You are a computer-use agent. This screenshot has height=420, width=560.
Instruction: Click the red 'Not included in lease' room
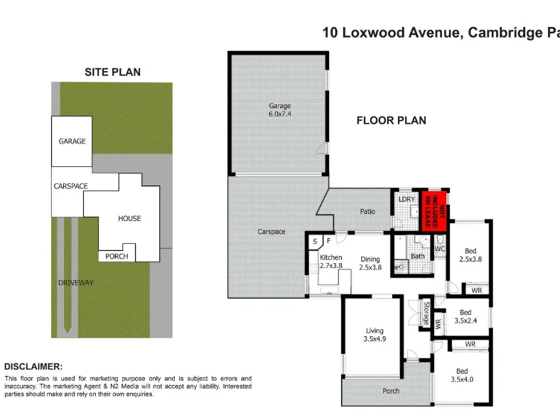(x=434, y=211)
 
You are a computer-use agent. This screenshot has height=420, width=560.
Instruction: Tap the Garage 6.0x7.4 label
(x=279, y=110)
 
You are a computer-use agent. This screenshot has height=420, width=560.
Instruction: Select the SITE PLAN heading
(x=112, y=72)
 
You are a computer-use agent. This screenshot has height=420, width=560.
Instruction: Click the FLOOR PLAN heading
(x=391, y=120)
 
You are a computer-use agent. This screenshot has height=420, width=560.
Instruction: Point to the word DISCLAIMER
(x=33, y=367)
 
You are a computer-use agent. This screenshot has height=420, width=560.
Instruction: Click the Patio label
(x=367, y=212)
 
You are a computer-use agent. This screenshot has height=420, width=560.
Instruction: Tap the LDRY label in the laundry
(x=406, y=199)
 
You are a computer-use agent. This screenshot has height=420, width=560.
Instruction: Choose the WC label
(x=440, y=249)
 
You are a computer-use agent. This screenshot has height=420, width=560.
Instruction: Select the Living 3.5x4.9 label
(x=375, y=335)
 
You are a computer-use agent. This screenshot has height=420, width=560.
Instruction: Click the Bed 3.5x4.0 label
(x=462, y=375)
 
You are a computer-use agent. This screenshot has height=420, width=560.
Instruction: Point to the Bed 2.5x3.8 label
(x=470, y=255)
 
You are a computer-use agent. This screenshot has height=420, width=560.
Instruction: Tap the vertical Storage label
(x=426, y=313)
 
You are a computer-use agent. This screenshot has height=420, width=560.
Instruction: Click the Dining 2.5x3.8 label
(x=370, y=263)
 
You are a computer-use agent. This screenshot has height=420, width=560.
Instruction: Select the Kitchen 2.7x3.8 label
(x=331, y=261)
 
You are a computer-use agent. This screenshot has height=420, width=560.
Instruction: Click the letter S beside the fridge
(x=315, y=242)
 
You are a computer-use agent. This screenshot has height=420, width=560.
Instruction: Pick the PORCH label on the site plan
(x=117, y=257)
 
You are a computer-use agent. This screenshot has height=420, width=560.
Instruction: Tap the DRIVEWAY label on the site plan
(x=76, y=283)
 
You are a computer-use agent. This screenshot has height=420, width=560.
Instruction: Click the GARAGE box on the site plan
(x=72, y=141)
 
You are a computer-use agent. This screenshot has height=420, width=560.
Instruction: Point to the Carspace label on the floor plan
(x=271, y=232)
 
